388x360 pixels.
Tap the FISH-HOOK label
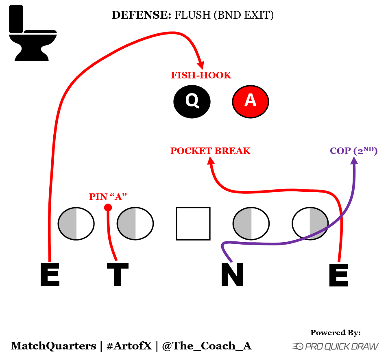pos(201,75)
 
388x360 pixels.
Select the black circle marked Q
pos(192,101)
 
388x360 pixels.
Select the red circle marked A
pos(251,101)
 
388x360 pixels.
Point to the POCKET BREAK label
pos(210,151)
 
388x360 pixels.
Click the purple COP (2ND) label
pos(354,151)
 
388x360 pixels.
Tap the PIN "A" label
pos(108,197)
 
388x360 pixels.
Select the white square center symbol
pos(193,223)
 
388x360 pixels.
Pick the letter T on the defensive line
pos(118,275)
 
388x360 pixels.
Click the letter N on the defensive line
pos(232,275)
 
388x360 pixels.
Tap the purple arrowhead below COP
pos(354,160)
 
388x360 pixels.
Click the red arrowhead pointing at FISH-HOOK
pos(201,65)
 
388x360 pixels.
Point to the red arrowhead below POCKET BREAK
pos(210,161)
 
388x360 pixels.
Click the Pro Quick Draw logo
pos(336,346)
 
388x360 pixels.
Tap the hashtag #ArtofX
pos(129,346)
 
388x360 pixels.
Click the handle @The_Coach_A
pos(207,346)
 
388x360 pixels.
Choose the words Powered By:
pos(336,333)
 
